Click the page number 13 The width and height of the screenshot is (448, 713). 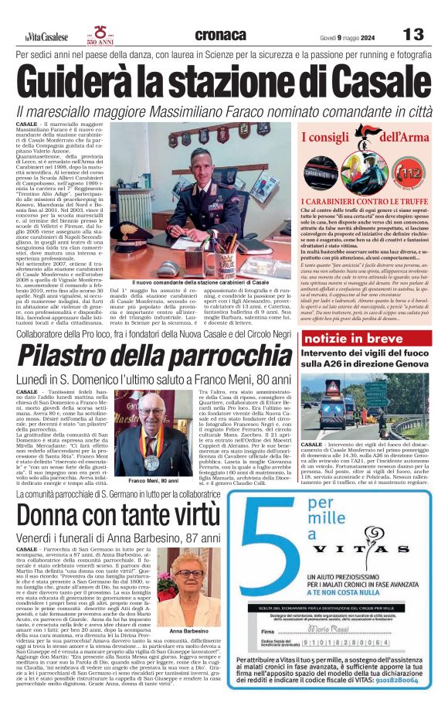coord(414,35)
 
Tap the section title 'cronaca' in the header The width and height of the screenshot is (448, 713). coord(221,35)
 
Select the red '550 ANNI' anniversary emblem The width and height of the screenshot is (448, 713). coord(100,35)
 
